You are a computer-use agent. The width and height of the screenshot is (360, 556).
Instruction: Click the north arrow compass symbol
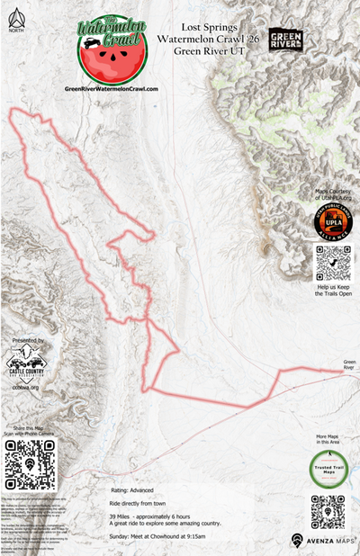12,18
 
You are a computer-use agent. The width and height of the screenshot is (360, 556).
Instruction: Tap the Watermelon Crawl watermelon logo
112,50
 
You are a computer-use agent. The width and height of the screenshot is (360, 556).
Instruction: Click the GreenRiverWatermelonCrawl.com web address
112,89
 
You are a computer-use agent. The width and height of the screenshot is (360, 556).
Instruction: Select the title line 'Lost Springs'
208,29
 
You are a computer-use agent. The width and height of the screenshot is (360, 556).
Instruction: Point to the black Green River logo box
285,40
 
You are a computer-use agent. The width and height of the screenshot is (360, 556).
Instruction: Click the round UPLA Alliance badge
333,221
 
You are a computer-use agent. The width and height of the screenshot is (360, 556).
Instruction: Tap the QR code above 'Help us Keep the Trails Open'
332,263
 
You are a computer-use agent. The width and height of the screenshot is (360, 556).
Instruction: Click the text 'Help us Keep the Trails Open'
332,290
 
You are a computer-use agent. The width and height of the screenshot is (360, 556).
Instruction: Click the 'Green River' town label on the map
348,365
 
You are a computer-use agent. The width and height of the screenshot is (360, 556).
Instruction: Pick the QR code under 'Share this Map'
30,465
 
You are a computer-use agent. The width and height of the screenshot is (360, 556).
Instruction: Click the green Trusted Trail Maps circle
328,468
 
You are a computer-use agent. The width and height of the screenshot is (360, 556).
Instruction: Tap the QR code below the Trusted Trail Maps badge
328,511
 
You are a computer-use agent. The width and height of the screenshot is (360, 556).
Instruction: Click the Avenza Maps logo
321,541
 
